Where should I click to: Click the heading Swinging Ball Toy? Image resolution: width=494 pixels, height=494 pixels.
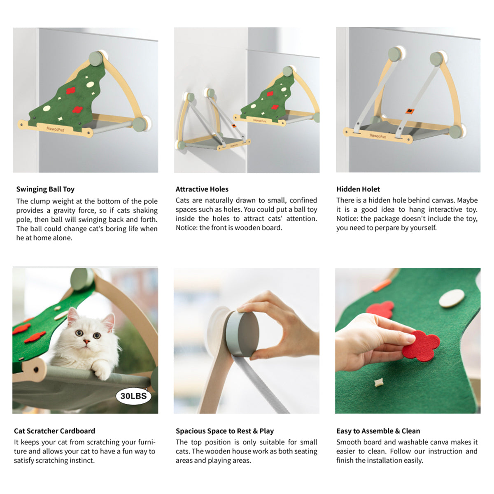tap(45, 189)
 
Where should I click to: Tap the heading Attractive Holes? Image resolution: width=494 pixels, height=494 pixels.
tap(202, 189)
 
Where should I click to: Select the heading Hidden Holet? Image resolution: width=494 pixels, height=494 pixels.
tap(358, 189)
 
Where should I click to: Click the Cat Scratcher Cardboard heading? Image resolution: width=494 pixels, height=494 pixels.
tap(54, 431)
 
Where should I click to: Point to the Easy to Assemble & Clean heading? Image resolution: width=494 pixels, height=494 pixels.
tap(378, 431)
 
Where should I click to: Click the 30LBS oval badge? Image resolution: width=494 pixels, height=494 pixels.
tap(133, 396)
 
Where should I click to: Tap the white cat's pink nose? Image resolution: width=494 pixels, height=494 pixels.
tap(86, 342)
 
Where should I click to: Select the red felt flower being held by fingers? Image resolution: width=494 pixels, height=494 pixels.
tap(421, 346)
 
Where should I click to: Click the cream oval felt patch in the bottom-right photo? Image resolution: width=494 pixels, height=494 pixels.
tap(452, 298)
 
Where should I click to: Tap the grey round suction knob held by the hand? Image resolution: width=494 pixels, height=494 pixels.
tap(242, 333)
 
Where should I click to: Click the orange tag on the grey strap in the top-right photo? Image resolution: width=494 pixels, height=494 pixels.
tap(410, 111)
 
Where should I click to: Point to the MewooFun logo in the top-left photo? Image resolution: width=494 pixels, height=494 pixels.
tap(56, 129)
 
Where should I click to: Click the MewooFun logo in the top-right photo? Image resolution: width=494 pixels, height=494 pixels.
tap(377, 136)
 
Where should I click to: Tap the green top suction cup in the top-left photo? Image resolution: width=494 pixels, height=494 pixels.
tap(96, 59)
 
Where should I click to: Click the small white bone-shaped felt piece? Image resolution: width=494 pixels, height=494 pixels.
tap(377, 390)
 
